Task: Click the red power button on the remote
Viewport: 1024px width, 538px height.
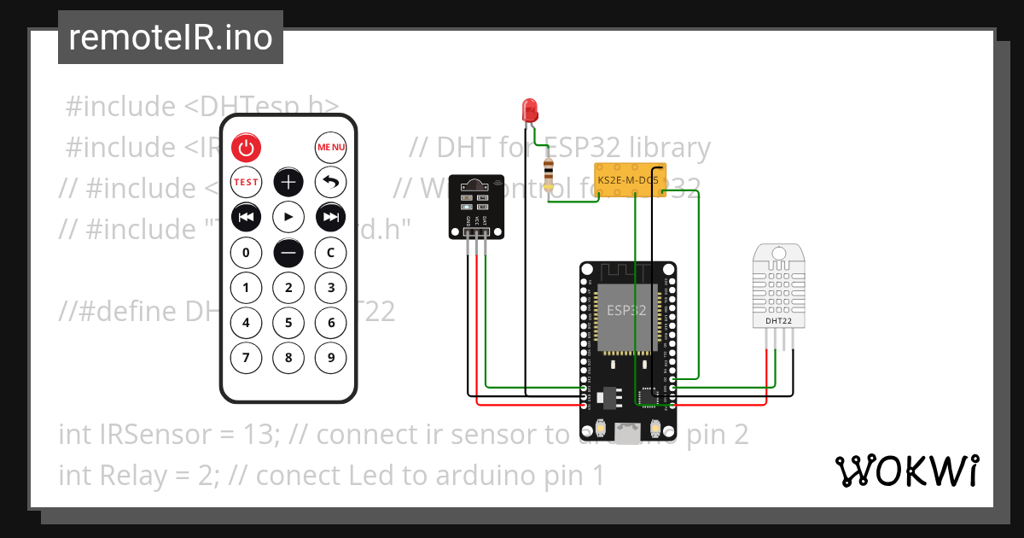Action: tap(246, 148)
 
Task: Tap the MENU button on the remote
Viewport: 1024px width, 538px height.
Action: tap(331, 148)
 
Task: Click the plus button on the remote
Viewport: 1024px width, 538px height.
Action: tap(288, 182)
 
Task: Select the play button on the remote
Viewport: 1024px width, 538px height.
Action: tap(288, 218)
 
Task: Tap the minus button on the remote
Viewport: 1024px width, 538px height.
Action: tap(288, 253)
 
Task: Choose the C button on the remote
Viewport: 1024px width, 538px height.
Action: tap(331, 253)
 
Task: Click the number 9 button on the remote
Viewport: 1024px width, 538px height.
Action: tap(331, 358)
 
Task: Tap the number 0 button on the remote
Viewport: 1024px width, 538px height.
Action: tap(246, 253)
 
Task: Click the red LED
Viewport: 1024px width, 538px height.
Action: tap(530, 109)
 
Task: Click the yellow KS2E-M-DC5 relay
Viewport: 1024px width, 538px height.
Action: tap(629, 180)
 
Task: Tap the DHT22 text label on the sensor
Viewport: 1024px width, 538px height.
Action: tap(777, 321)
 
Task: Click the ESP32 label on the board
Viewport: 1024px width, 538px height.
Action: tap(626, 312)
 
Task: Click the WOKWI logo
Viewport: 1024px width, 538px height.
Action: tap(907, 471)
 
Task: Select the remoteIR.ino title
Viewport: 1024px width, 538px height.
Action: tap(171, 38)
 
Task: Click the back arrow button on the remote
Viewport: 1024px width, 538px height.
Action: tap(331, 182)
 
